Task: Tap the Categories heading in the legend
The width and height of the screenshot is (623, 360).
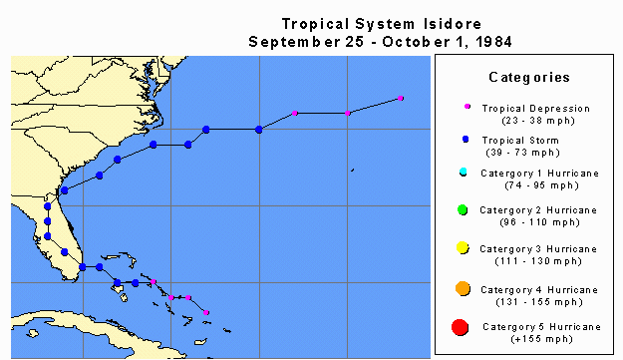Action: click(x=528, y=77)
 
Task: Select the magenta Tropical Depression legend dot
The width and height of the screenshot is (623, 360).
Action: click(x=467, y=107)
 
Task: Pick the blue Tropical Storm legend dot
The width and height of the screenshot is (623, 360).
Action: click(x=467, y=140)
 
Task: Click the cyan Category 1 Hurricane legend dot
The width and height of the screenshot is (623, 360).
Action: click(x=466, y=173)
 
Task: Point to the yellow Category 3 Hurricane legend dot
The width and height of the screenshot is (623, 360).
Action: click(x=464, y=248)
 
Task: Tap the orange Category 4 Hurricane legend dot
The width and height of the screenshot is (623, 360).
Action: click(x=463, y=288)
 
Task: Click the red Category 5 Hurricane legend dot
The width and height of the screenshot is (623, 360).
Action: click(x=461, y=327)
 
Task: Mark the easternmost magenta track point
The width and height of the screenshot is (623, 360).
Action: click(x=401, y=98)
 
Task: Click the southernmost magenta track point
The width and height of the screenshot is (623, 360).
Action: click(x=206, y=312)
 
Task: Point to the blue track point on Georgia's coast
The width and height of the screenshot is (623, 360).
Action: click(x=64, y=189)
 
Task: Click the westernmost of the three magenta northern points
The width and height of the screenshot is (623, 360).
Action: click(x=295, y=113)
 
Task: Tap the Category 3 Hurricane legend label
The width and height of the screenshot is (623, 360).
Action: click(x=538, y=248)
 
